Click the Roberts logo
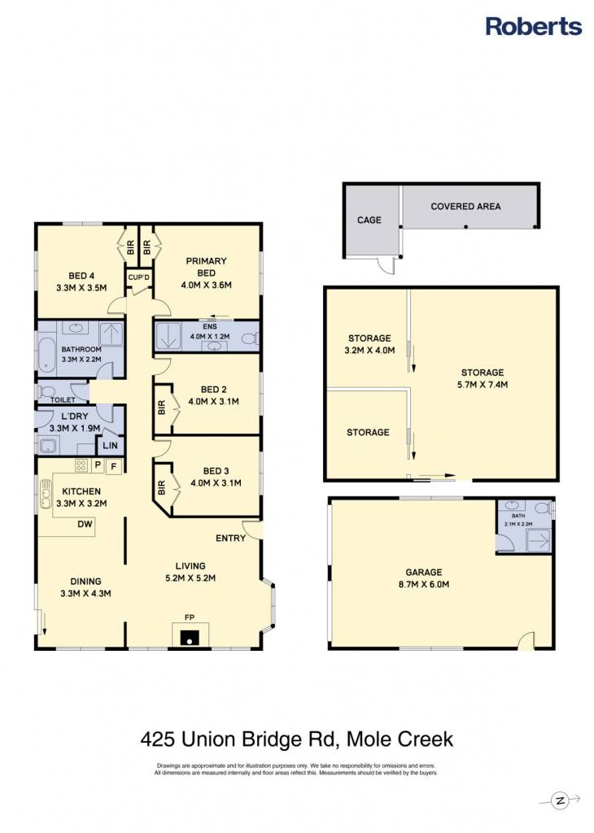534,26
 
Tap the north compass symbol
560,800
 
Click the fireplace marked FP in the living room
190,635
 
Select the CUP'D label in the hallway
139,277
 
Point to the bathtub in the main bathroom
46,354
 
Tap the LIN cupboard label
110,445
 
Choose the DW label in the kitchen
85,524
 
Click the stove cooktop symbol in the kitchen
81,466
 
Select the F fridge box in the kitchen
113,467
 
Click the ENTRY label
230,539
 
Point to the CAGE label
369,220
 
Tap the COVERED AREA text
465,206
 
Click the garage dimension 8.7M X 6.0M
424,584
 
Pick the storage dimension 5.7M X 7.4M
483,385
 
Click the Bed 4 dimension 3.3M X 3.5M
81,288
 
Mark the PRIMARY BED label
206,267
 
